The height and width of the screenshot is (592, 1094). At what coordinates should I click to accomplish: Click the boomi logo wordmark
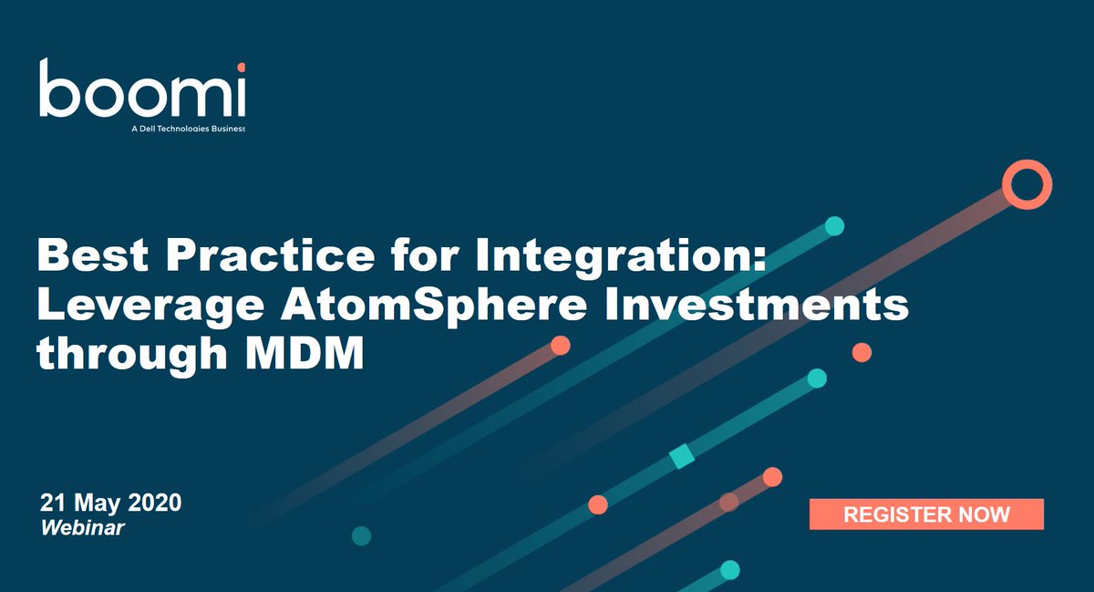click(x=141, y=90)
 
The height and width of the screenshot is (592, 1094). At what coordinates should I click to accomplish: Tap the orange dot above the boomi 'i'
click(x=241, y=67)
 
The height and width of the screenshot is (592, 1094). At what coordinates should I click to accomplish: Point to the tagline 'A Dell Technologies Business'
click(x=189, y=129)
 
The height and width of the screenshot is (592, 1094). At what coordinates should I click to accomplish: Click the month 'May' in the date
click(x=99, y=503)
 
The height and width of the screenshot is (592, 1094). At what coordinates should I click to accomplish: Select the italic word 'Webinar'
click(x=82, y=527)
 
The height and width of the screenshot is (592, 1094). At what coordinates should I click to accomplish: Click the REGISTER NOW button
click(x=926, y=514)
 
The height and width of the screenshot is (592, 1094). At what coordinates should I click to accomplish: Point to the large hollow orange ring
click(x=1027, y=184)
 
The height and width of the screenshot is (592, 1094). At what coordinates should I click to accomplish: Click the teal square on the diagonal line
click(x=682, y=456)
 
